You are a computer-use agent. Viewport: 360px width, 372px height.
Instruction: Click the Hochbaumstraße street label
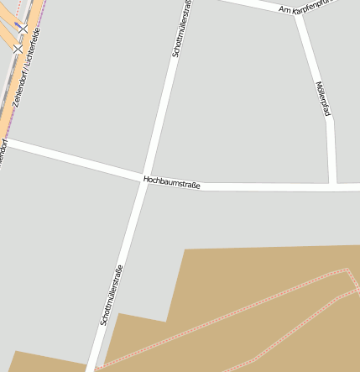pos(172,181)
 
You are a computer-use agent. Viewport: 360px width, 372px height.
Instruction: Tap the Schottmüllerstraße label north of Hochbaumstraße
pos(181,29)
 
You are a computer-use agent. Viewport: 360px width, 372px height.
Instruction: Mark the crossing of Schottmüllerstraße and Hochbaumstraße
pos(144,179)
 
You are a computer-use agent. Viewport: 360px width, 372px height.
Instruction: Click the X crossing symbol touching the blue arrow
pos(23,30)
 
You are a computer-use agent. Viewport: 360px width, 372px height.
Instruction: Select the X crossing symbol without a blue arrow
pos(18,49)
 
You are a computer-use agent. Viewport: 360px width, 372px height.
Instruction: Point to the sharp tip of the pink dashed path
pos(347,270)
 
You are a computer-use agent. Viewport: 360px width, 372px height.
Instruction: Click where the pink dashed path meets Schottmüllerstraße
pos(94,369)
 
